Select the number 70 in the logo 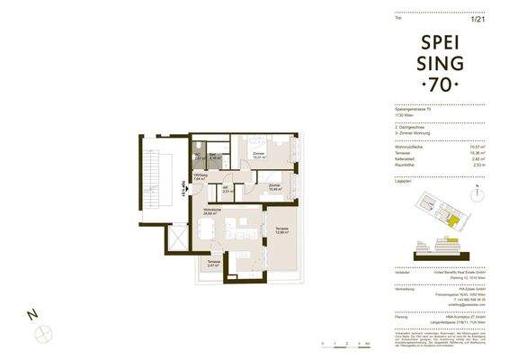(440, 85)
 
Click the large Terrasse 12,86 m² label (281, 230)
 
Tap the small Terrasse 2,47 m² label (213, 265)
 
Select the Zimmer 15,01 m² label (258, 157)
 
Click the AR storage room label (228, 190)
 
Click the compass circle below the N (40, 333)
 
